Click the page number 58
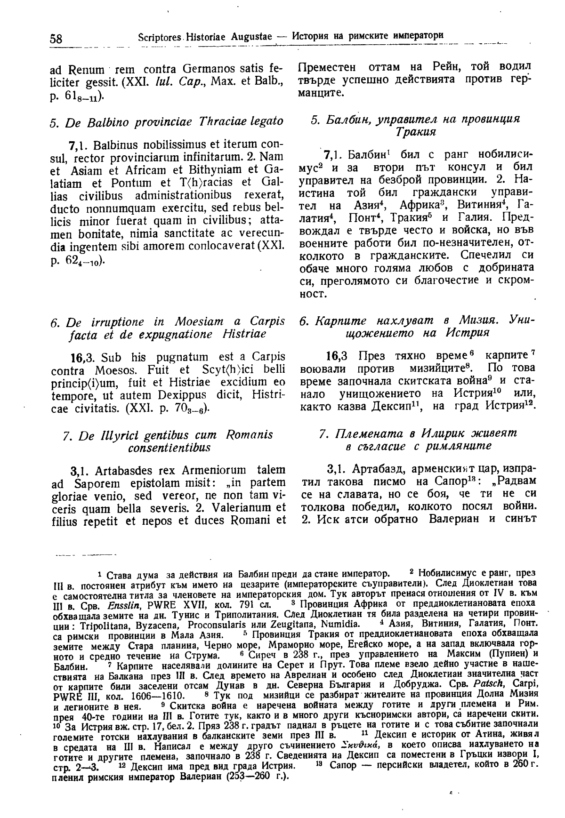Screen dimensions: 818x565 pos(56,39)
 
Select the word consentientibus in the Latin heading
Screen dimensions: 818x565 pos(169,448)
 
